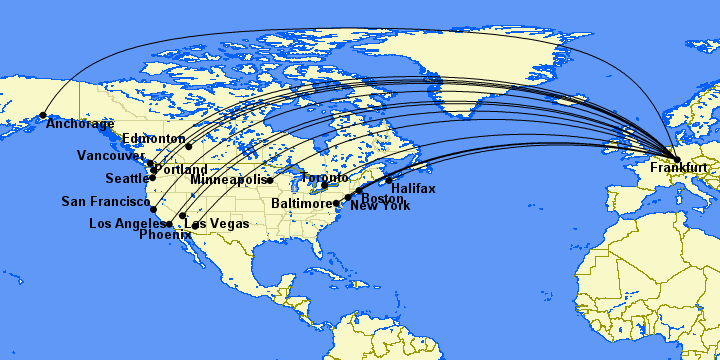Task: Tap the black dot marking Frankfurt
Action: coord(677,159)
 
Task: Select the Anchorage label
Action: coord(81,124)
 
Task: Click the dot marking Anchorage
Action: coord(43,116)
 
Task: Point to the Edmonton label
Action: coord(153,139)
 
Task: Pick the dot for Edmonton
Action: coord(188,146)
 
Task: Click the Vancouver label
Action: coord(111,156)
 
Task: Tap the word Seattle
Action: coord(127,179)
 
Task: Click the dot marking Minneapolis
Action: coord(269,180)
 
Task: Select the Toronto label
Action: coord(325,178)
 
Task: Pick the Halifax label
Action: coord(413,188)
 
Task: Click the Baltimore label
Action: coord(301,203)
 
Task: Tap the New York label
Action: coord(380,206)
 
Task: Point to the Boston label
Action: coord(383,197)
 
